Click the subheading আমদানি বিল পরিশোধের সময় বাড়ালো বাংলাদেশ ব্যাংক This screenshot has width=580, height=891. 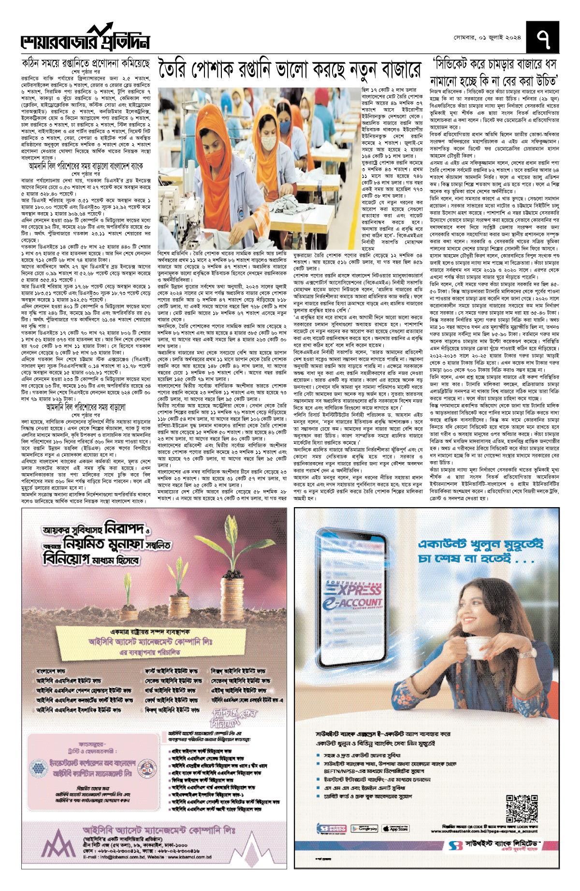point(86,166)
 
